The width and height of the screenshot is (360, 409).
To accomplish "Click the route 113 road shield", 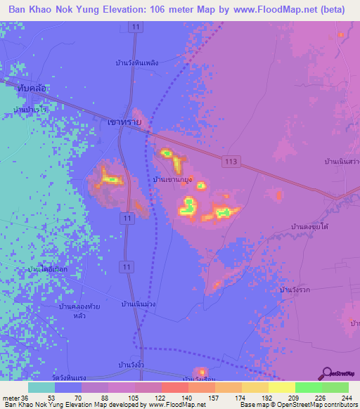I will tap(233, 162).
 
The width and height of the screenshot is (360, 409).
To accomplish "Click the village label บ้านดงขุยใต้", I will tap(310, 227).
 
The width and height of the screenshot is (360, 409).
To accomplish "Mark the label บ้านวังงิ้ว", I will tap(132, 365).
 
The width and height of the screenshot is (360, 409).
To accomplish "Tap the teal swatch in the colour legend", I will tap(41, 387).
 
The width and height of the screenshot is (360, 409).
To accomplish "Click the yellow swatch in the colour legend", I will tap(282, 387).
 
